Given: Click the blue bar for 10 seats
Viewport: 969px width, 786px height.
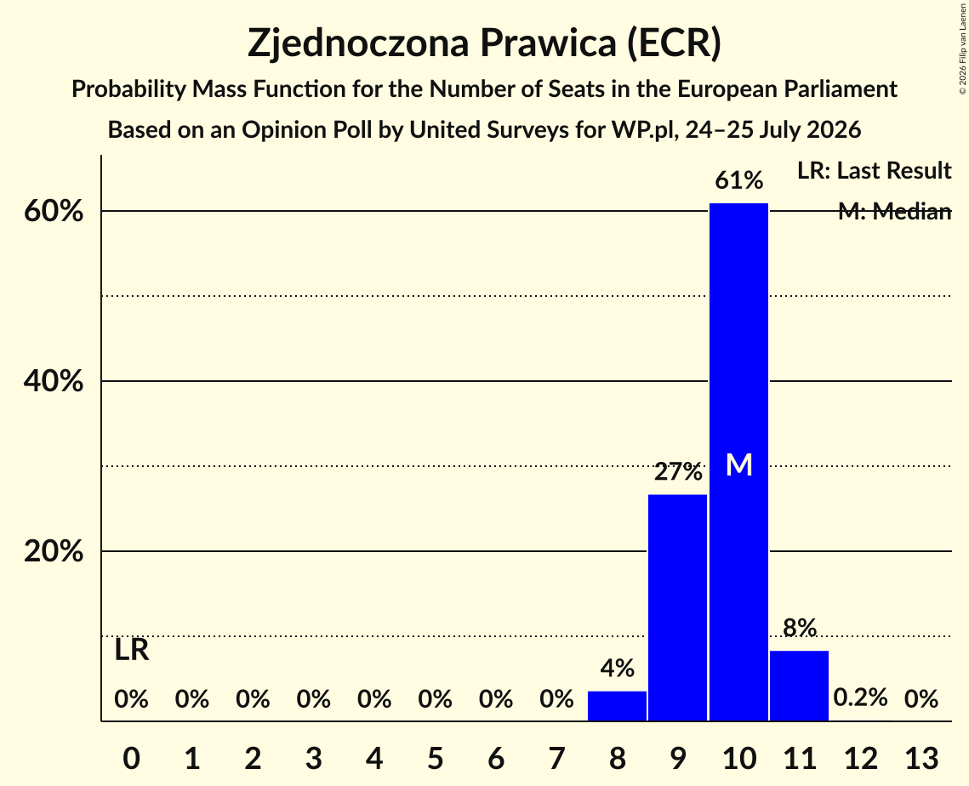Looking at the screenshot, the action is (738, 462).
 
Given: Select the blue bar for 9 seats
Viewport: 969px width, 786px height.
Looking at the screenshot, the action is (678, 607).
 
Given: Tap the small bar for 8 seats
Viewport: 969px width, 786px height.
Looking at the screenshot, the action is (617, 706).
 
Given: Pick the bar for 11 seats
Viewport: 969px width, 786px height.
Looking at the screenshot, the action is (799, 686).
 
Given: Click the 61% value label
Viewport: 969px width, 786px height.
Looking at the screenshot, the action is (738, 181).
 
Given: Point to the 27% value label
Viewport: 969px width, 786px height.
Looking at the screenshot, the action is (678, 472).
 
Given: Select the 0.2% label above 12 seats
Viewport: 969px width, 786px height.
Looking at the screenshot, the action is (860, 698).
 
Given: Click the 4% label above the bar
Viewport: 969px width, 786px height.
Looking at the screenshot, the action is (617, 668).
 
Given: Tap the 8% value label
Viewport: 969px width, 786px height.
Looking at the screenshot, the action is (800, 628).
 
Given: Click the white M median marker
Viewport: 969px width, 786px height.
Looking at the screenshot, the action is (738, 464).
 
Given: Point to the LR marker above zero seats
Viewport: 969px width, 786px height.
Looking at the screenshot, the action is (132, 650).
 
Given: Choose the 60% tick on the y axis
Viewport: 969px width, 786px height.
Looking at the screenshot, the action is (53, 211).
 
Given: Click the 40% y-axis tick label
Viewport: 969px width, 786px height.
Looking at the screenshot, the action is (53, 381).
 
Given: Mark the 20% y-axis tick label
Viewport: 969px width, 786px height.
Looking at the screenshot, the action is (53, 551).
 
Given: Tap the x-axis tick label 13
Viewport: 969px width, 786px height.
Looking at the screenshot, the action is (921, 758).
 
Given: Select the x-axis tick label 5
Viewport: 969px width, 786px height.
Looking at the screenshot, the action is (435, 758).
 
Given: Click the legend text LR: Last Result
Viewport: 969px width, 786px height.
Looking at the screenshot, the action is (874, 170).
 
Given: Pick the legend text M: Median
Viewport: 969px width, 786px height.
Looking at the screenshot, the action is (894, 212).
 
